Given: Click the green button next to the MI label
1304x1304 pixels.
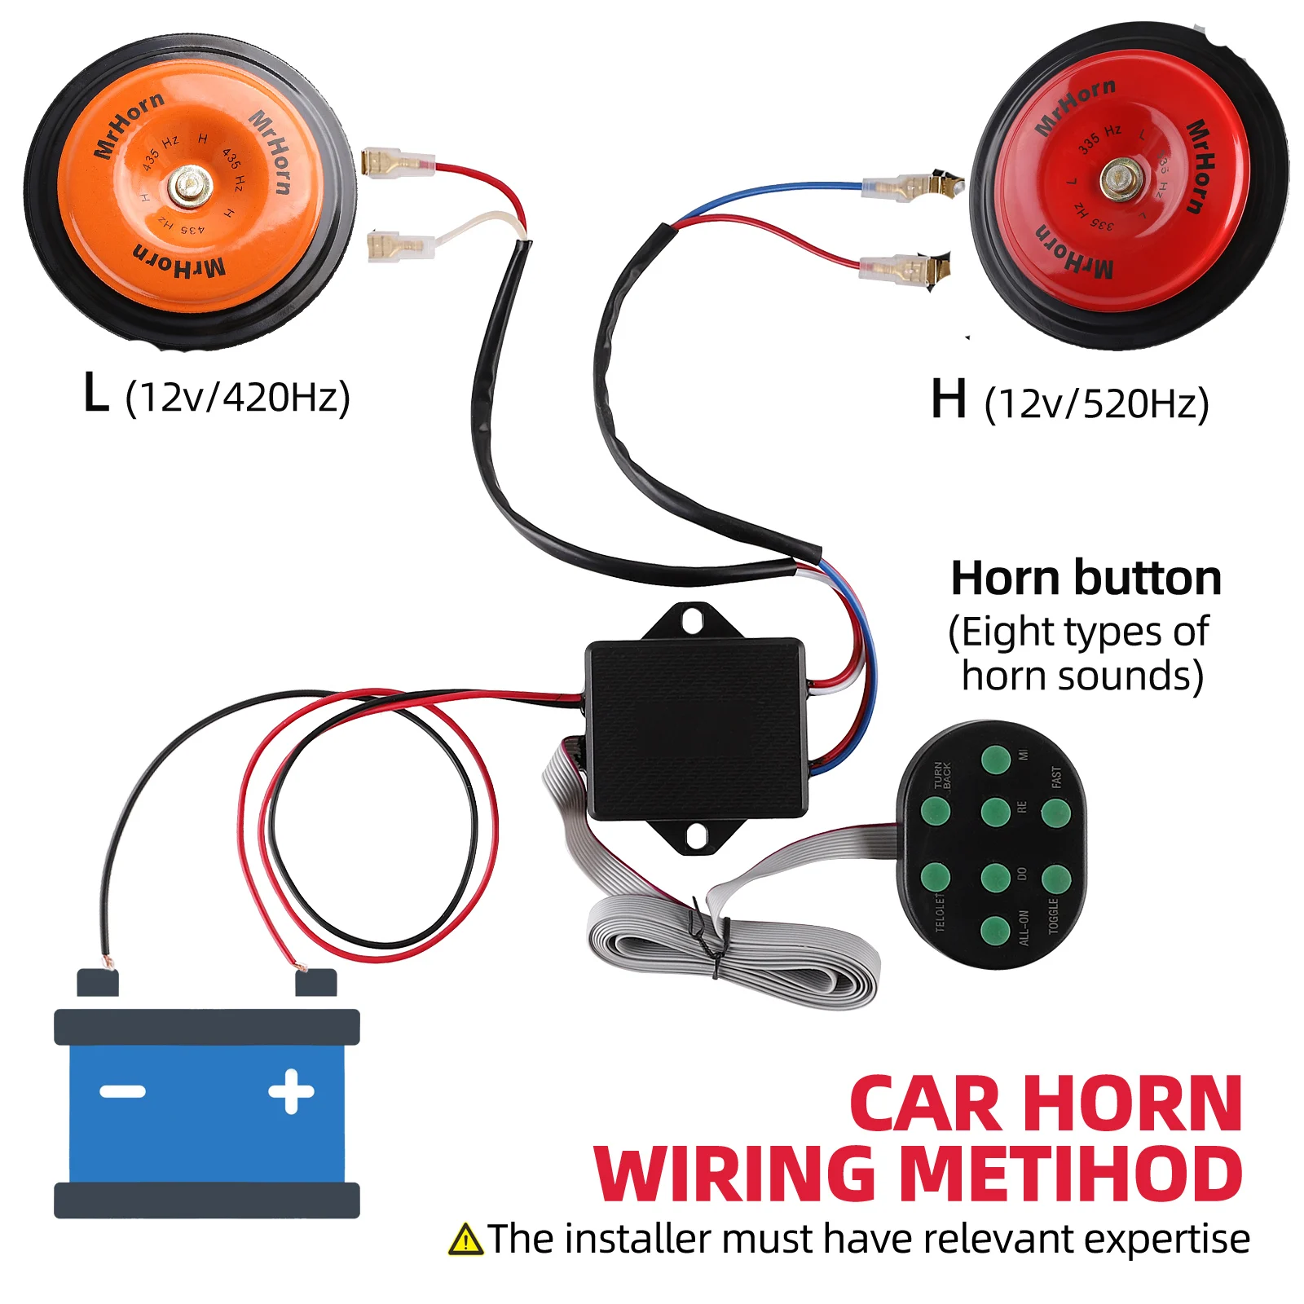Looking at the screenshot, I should tap(995, 759).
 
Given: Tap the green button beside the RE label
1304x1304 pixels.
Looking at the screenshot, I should tap(995, 812).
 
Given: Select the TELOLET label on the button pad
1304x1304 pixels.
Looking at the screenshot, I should tap(940, 912).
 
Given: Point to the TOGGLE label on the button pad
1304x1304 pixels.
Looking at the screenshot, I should tap(1053, 916).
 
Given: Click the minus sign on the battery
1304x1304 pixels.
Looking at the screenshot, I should tap(122, 1091).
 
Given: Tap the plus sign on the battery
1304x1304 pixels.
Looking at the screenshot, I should tap(291, 1091).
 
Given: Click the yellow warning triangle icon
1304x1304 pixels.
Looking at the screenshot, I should tap(465, 1240).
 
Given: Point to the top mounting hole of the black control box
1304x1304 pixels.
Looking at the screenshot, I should tap(693, 620).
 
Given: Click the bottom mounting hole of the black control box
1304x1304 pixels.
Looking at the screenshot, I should tap(696, 836).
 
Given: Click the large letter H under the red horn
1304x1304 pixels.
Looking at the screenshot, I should tap(949, 399).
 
